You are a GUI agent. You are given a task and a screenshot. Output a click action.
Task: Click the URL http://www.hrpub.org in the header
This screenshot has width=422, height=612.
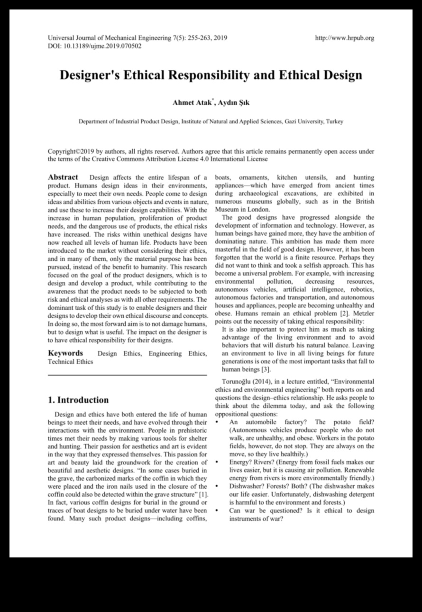tap(344, 38)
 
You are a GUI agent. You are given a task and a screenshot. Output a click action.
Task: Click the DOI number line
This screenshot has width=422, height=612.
tap(94, 46)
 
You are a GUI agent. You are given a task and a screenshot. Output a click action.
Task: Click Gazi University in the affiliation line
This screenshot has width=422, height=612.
tap(303, 121)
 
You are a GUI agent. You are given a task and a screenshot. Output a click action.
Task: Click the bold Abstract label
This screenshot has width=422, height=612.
tap(63, 177)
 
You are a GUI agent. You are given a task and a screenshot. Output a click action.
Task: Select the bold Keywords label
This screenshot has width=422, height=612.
tap(65, 353)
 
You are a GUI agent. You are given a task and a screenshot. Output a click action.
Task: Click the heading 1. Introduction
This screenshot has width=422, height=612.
tap(78, 399)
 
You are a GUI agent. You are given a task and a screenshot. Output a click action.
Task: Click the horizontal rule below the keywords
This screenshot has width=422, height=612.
tap(127, 375)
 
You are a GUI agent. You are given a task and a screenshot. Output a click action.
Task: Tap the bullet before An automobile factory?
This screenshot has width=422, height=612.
tap(217, 422)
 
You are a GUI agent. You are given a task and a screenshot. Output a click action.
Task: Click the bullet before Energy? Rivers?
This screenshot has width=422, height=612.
tap(217, 462)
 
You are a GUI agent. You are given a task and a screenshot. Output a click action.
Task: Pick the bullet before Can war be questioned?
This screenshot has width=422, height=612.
tap(217, 510)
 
